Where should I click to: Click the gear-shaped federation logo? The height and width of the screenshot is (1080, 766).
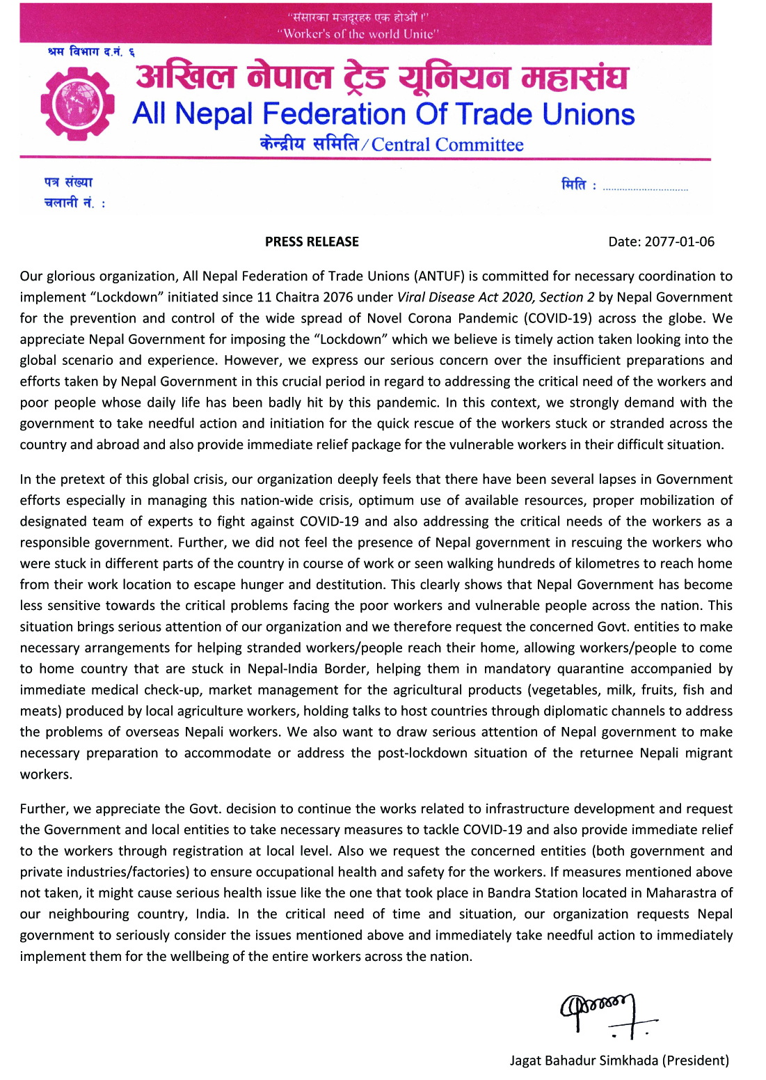click(77, 104)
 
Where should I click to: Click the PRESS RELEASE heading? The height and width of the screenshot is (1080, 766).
click(312, 242)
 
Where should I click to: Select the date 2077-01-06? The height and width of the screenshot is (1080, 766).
click(679, 242)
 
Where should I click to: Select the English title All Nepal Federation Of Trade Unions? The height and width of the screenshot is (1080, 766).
click(383, 114)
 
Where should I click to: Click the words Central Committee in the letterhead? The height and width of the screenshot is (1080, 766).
click(447, 145)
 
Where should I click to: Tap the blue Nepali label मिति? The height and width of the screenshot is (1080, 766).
click(575, 185)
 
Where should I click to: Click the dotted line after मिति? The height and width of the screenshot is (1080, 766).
click(645, 189)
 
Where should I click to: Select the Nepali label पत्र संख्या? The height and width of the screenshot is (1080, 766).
click(68, 182)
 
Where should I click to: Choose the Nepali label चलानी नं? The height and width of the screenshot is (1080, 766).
click(70, 203)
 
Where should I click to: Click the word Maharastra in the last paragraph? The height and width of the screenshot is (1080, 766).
click(681, 893)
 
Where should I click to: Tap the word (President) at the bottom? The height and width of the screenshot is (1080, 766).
click(695, 1061)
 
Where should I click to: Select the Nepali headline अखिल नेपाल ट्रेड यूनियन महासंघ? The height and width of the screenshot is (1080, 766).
click(382, 78)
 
